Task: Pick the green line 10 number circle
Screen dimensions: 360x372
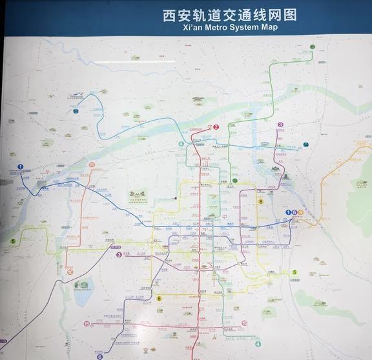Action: pos(313,47)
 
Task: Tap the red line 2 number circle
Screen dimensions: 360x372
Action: pos(216,127)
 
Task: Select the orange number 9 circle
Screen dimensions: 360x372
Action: pos(301,212)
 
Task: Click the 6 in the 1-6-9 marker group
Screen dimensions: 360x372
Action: pos(294,212)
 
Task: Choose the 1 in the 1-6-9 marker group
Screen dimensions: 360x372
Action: pos(288,212)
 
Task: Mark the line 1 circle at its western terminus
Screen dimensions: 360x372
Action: pos(21,166)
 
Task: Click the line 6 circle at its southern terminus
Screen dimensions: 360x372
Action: pos(100,356)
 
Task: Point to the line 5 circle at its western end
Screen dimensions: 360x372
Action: pos(12,241)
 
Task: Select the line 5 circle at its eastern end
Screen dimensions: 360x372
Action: pos(294,272)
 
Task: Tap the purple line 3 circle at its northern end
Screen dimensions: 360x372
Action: pos(280,125)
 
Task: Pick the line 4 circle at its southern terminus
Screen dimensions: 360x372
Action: pos(258,344)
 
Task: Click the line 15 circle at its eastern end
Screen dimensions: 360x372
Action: pos(245,323)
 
